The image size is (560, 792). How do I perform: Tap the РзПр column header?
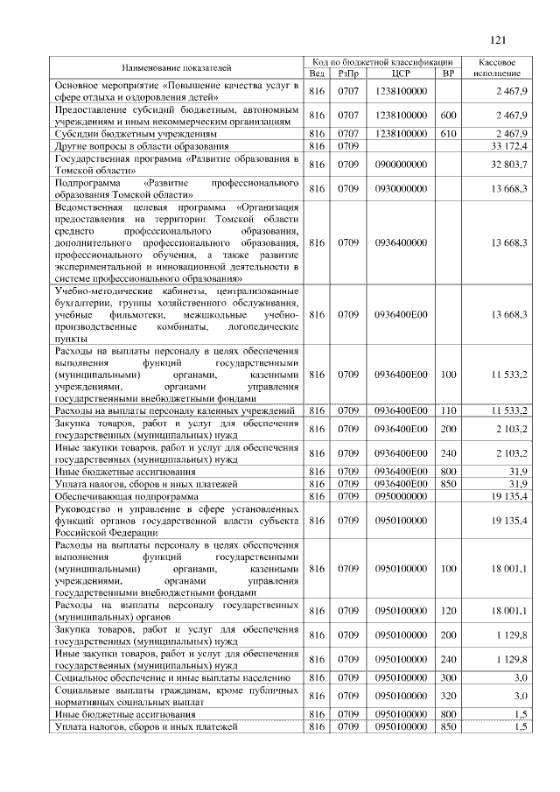(348, 74)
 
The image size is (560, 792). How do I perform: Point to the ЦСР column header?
(402, 74)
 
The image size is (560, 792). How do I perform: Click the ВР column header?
(448, 74)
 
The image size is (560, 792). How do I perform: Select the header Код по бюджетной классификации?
(382, 63)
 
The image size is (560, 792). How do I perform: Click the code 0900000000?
(402, 164)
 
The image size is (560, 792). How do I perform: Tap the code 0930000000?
(402, 188)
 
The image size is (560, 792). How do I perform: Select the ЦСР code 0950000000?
(402, 494)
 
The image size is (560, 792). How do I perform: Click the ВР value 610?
(448, 135)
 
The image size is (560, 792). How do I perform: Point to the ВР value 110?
(448, 410)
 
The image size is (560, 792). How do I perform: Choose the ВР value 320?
(448, 696)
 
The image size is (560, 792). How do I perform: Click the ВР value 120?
(448, 610)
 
